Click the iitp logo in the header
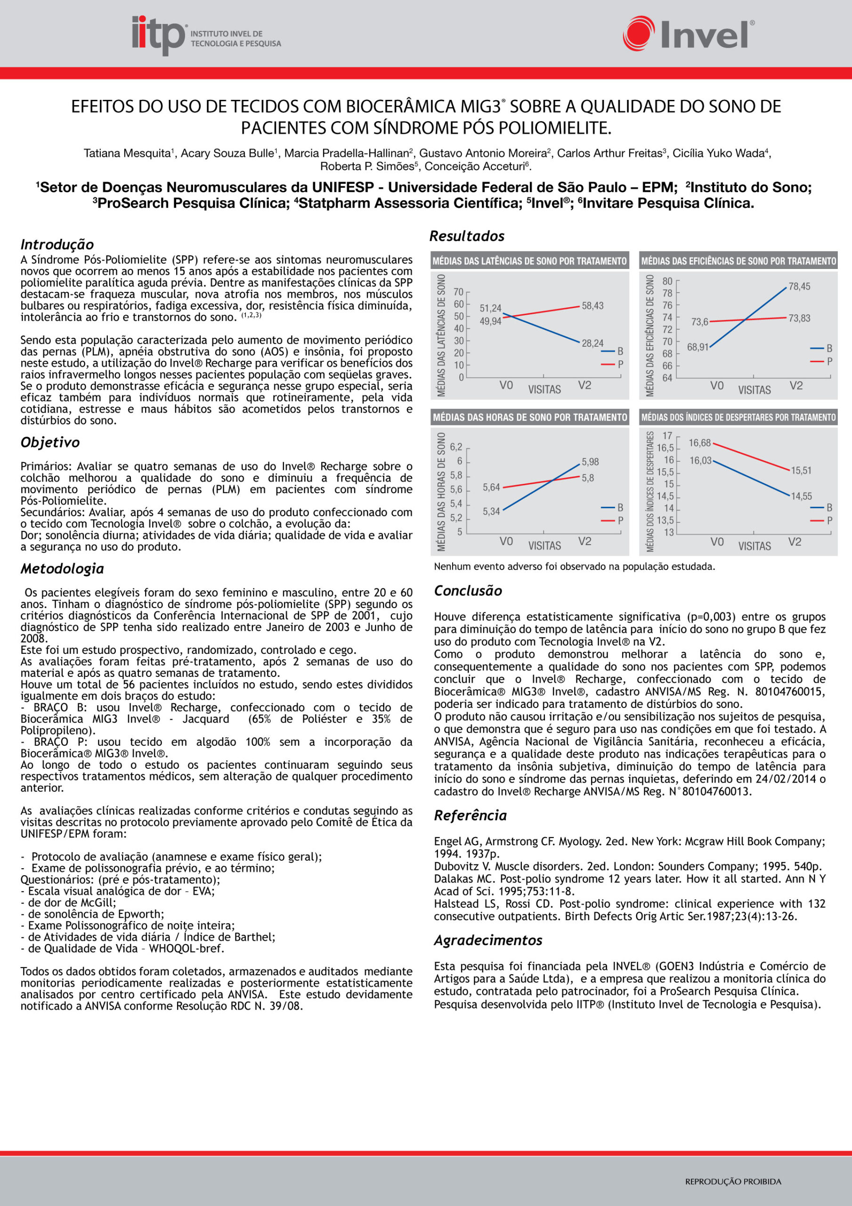coord(206,36)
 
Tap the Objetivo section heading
coord(50,442)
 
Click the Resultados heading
coord(467,236)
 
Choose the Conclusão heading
coord(468,590)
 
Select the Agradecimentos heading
coord(488,940)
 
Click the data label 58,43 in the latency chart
coord(592,306)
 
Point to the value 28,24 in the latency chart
coord(592,343)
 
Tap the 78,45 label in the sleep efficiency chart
coord(799,286)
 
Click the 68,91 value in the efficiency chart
coord(698,347)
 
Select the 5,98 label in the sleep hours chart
coord(590,462)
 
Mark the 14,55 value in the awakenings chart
coord(801,496)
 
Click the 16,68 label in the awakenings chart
coord(700,443)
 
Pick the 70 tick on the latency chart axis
coord(458,292)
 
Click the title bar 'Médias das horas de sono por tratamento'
coord(529,417)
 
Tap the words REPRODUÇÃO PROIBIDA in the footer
coord(733,1182)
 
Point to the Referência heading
coord(470,815)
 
